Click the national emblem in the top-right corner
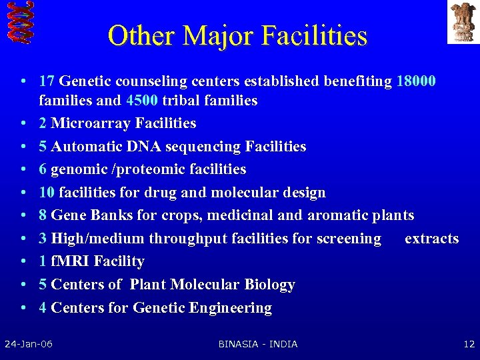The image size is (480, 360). [463, 21]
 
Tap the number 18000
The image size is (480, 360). [416, 81]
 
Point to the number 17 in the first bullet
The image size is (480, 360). [47, 81]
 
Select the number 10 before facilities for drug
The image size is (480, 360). [47, 193]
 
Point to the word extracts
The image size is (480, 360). [431, 239]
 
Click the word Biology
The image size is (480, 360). [269, 285]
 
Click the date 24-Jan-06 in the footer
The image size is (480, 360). [29, 344]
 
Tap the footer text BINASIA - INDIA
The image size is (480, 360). [258, 344]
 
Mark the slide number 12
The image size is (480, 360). [469, 344]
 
